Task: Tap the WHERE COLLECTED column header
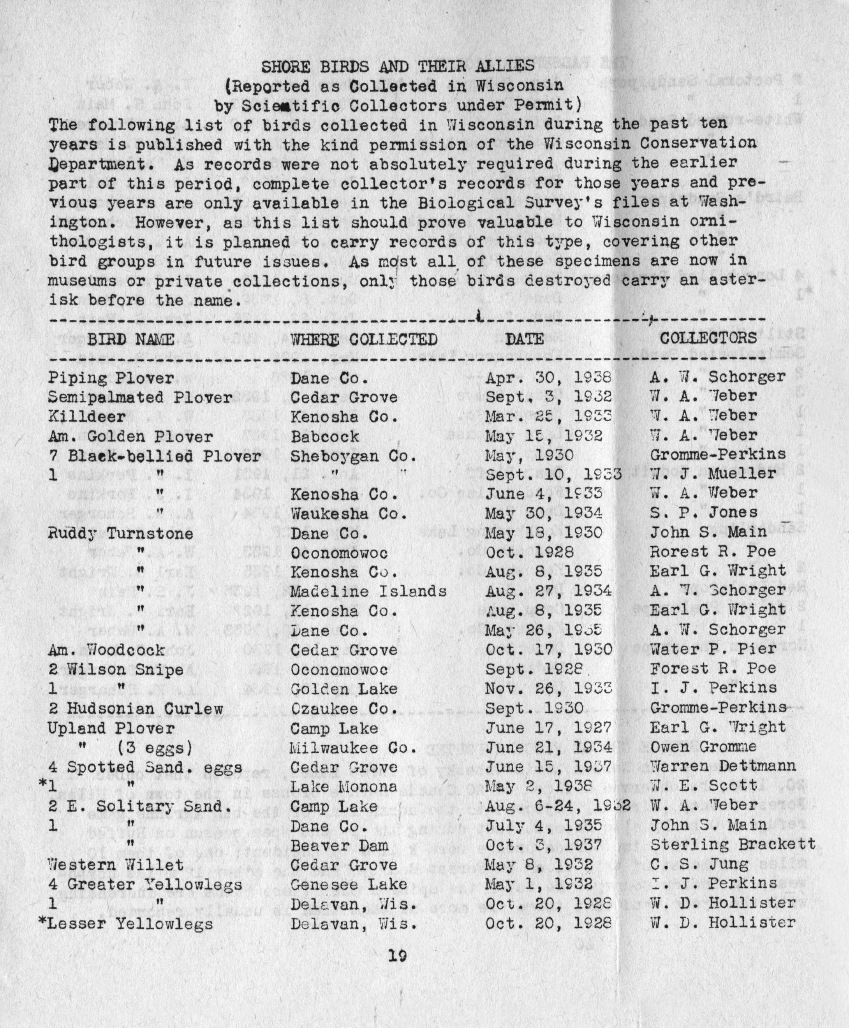click(364, 339)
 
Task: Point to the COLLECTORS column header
click(708, 338)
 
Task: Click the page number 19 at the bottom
click(398, 966)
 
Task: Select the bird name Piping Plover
click(111, 378)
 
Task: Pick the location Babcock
click(325, 436)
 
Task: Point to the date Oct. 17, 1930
click(548, 650)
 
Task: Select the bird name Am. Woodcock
click(107, 650)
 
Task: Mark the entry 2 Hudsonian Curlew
click(136, 708)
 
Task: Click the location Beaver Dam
click(339, 845)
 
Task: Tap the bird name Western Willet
click(116, 865)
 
